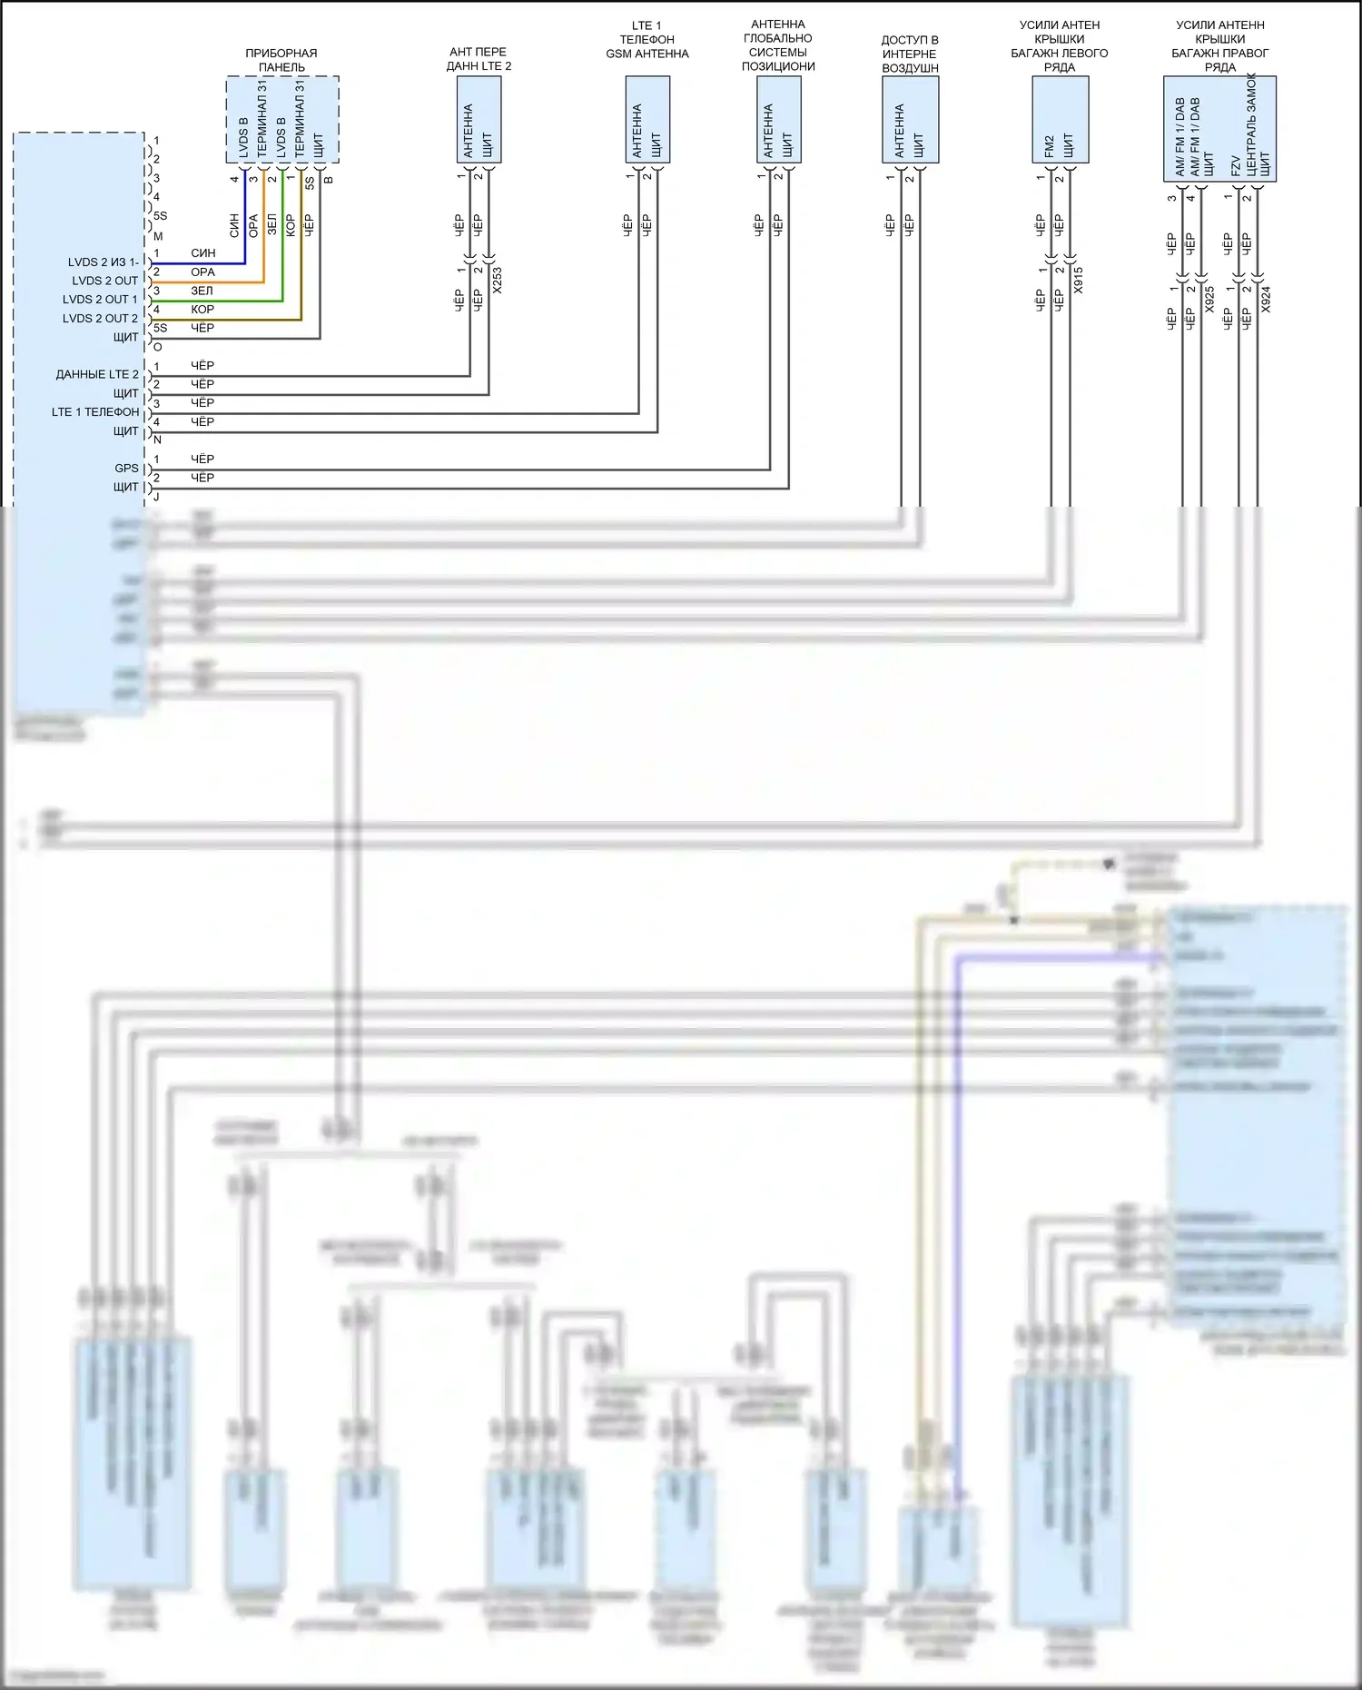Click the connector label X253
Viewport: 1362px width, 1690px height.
click(497, 281)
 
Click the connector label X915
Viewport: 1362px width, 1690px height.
click(1078, 280)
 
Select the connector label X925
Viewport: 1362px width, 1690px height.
click(1209, 300)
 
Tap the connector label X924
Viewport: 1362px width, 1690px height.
click(1266, 300)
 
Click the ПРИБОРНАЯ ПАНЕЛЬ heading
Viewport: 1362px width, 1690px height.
click(281, 60)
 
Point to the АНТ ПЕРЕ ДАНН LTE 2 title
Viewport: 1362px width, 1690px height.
click(479, 59)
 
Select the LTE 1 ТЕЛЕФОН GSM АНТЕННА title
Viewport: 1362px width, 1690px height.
click(646, 40)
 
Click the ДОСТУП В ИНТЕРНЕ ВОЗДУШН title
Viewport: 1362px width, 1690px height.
click(910, 54)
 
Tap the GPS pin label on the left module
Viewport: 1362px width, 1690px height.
click(126, 469)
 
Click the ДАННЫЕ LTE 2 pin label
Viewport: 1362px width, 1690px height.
click(97, 374)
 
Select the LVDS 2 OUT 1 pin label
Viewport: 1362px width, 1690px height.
click(100, 300)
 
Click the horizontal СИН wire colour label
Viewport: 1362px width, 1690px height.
click(202, 253)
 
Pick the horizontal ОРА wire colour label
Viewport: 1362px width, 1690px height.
click(202, 272)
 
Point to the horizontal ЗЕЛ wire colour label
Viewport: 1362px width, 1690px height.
click(202, 291)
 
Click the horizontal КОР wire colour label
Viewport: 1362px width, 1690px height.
click(202, 310)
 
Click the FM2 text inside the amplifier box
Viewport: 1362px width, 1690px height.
click(1050, 146)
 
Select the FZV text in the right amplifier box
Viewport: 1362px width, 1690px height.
click(1236, 165)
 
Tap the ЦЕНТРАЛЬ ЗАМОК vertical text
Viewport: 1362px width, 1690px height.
click(1251, 124)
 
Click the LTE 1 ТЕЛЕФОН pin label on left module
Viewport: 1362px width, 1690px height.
click(95, 412)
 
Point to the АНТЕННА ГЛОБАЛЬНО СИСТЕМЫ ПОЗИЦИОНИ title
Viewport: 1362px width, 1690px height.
click(778, 45)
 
